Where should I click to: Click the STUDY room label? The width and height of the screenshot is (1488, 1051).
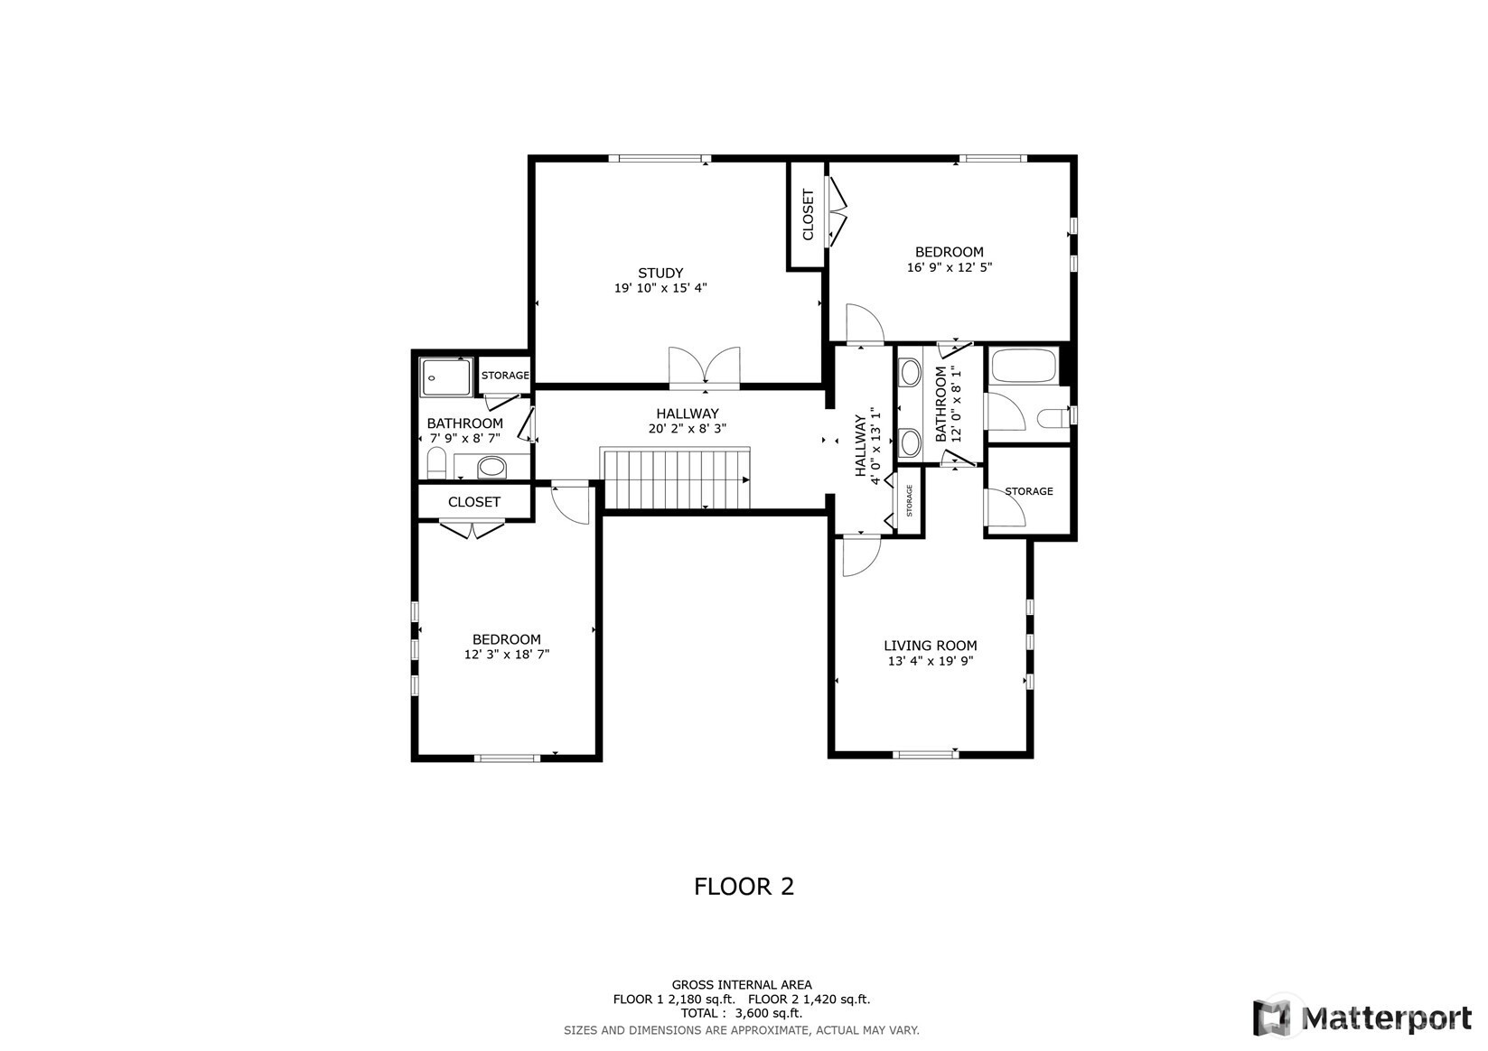click(x=660, y=273)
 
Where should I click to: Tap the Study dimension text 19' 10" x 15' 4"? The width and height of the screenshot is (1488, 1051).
click(x=660, y=288)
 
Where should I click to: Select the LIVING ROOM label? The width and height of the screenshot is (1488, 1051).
click(x=930, y=646)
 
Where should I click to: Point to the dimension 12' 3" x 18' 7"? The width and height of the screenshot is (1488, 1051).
click(x=507, y=655)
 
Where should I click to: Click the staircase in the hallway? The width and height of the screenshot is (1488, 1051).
click(x=676, y=479)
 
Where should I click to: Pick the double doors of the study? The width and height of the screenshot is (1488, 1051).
click(x=704, y=367)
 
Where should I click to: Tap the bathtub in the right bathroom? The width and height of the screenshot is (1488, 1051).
click(x=1023, y=366)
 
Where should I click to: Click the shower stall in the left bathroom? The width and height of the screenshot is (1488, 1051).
click(x=445, y=377)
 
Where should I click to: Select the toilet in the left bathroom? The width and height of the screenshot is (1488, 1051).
click(x=436, y=462)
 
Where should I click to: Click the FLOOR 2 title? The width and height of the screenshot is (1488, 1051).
click(x=744, y=887)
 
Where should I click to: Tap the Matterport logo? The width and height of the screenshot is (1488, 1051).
click(x=1362, y=1018)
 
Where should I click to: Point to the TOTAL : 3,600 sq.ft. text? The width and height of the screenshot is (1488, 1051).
click(x=742, y=1013)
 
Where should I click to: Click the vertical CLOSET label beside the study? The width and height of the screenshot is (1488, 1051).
click(x=808, y=215)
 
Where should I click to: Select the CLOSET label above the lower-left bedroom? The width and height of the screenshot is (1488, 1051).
click(x=474, y=502)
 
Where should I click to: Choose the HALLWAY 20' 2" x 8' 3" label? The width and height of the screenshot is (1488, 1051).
click(x=688, y=421)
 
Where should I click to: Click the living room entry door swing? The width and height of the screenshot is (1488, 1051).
click(x=862, y=555)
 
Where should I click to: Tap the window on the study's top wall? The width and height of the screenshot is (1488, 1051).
click(x=660, y=159)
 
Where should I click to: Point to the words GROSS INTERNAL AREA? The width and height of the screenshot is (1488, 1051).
click(x=742, y=984)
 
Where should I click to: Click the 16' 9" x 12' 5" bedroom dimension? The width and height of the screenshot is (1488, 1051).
click(x=950, y=267)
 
